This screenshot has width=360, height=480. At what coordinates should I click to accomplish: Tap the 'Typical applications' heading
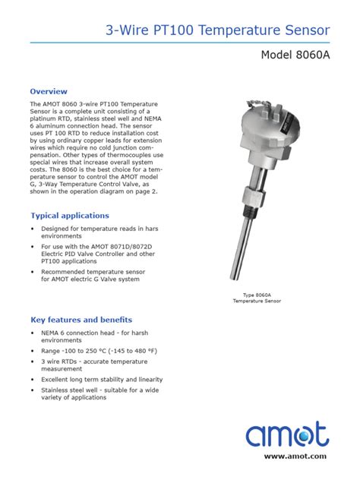tap(70, 215)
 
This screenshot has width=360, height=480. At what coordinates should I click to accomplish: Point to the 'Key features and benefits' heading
tap(81, 319)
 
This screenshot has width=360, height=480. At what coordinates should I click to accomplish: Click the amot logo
tap(286, 435)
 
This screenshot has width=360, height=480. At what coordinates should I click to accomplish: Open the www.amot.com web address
tap(295, 456)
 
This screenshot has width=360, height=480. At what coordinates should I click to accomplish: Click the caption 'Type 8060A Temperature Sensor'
tap(257, 298)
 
